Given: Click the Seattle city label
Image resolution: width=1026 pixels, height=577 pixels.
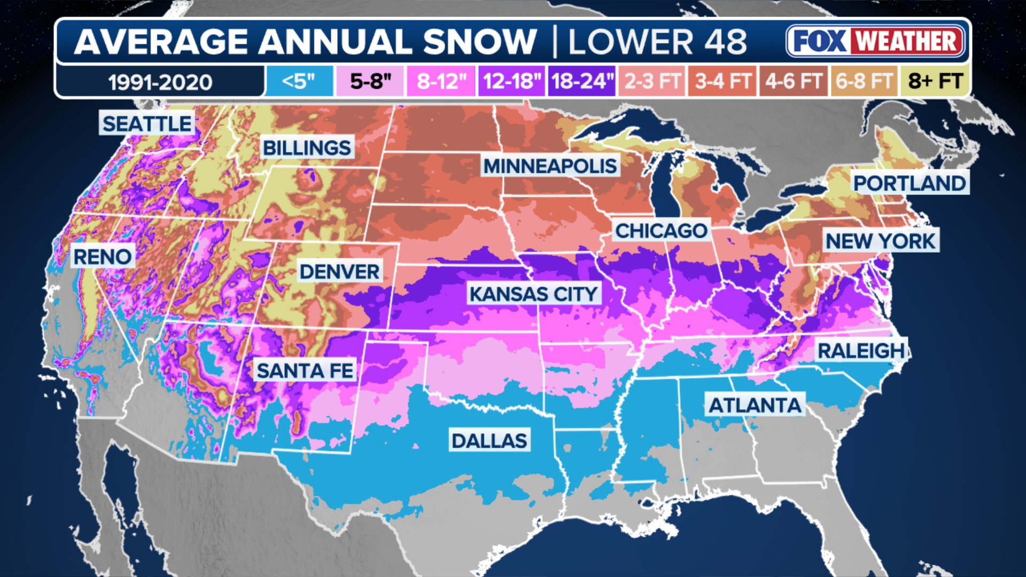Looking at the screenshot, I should (147, 124).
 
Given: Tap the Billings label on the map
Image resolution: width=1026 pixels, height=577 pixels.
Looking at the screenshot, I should (307, 148).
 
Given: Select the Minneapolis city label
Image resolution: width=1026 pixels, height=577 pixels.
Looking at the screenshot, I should (550, 166).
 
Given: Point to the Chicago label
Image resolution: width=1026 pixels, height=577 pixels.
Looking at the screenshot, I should (661, 231).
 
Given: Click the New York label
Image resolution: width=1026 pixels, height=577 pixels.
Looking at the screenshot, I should (881, 241).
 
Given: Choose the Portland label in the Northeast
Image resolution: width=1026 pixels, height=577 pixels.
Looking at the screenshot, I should (910, 183).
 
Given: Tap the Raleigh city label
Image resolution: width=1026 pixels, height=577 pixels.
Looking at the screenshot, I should (861, 351).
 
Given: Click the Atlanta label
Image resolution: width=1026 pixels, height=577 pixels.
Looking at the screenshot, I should (755, 406).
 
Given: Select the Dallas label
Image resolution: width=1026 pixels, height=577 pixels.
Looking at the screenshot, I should (489, 441).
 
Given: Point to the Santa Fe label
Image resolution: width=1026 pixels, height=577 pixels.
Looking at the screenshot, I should (305, 370).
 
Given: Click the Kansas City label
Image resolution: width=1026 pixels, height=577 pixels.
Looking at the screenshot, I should (533, 294).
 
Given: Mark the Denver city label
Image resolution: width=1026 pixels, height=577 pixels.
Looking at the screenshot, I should (339, 271).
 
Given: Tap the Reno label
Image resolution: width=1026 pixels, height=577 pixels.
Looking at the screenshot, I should (102, 257).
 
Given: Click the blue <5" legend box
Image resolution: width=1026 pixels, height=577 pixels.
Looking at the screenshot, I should (299, 81).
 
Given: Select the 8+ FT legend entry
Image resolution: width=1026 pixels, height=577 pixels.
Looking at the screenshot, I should (935, 81).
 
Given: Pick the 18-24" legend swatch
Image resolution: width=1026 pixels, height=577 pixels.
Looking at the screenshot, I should (581, 81).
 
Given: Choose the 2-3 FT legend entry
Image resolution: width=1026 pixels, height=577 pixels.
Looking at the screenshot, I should (652, 81).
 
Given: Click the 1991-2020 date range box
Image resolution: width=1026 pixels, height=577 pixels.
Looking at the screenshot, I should (160, 82).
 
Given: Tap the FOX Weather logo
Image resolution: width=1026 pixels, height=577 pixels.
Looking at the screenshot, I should (875, 41).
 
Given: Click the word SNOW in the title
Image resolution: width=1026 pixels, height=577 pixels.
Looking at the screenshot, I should (479, 42).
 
